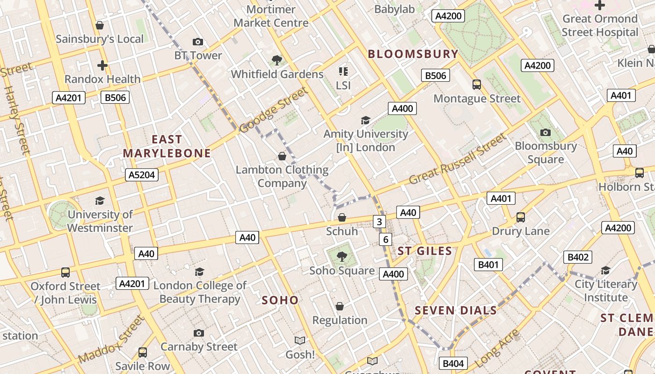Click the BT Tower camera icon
pyautogui.click(x=198, y=42)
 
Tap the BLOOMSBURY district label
pyautogui.click(x=413, y=54)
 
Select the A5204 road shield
pyautogui.click(x=142, y=175)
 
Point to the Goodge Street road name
pyautogui.click(x=274, y=110)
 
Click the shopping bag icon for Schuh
pyautogui.click(x=342, y=217)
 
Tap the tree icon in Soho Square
pyautogui.click(x=342, y=256)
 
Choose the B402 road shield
pyautogui.click(x=578, y=257)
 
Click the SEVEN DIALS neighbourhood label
pyautogui.click(x=456, y=310)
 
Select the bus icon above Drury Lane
pyautogui.click(x=520, y=217)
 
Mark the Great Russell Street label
pyautogui.click(x=457, y=159)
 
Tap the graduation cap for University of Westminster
pyautogui.click(x=100, y=201)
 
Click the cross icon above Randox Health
pyautogui.click(x=102, y=65)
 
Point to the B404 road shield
pyautogui.click(x=453, y=364)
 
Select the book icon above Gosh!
pyautogui.click(x=299, y=341)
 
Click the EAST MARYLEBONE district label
pyautogui.click(x=167, y=146)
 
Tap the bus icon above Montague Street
pyautogui.click(x=476, y=85)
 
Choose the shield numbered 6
pyautogui.click(x=386, y=240)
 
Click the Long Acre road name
pyautogui.click(x=497, y=348)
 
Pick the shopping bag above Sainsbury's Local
pyautogui.click(x=100, y=25)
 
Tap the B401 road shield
pyautogui.click(x=488, y=265)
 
